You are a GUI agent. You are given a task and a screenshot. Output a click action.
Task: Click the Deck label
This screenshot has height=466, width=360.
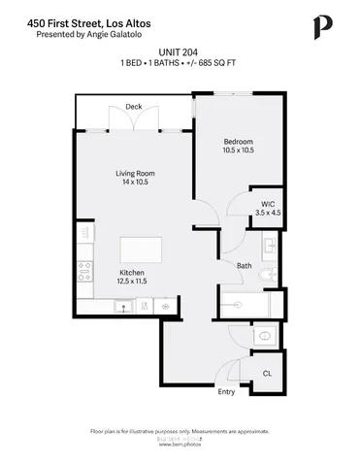point(134,106)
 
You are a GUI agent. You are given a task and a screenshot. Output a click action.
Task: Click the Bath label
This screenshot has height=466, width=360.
point(244,264)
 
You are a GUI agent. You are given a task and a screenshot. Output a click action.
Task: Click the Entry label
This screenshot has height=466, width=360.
point(226,392)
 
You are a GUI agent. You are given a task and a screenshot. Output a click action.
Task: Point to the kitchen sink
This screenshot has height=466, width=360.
point(124,307)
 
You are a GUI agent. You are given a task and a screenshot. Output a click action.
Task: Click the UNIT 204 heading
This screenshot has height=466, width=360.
point(180,52)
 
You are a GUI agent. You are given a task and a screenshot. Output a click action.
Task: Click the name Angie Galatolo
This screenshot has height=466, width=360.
point(116,34)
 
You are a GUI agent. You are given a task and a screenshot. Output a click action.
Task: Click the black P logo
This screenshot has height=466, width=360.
point(320,26)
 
